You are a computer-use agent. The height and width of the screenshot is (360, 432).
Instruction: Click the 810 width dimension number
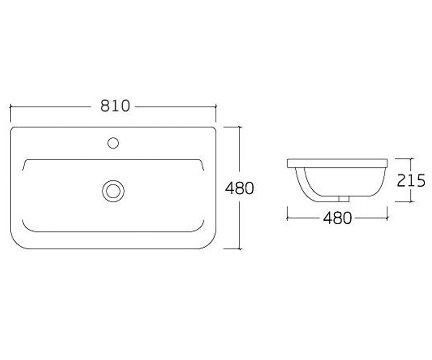pos(115,106)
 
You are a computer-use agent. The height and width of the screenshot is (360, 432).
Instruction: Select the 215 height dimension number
pos(411,180)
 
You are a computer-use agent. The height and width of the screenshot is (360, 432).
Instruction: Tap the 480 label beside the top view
pos(239,188)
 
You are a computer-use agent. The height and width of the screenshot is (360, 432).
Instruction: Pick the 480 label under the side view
pos(337,218)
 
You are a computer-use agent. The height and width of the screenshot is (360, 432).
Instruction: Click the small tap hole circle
pos(113,143)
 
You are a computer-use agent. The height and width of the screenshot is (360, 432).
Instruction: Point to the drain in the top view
pos(113,191)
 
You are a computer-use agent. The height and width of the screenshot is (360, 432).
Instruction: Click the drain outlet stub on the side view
pos(344,199)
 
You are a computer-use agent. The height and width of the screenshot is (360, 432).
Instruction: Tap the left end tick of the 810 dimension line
pos(10,107)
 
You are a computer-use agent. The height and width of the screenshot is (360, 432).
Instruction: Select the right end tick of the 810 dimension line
pos(216,107)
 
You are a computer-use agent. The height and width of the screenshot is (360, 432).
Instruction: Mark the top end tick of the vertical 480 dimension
pos(240,127)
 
